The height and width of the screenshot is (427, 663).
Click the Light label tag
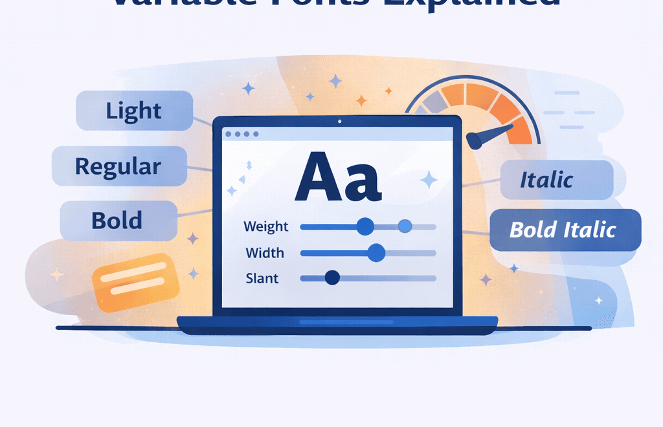(134, 111)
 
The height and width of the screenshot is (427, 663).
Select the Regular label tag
(118, 166)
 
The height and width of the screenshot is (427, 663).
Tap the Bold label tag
(118, 221)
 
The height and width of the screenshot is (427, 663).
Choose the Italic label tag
(556, 180)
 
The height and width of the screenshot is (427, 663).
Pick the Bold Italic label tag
(565, 230)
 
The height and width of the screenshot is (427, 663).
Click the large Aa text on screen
(336, 176)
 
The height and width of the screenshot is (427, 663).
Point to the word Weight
(265, 226)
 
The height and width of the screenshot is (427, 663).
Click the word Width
(265, 252)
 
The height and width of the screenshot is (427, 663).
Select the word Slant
(262, 278)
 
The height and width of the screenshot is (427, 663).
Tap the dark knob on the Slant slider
(332, 278)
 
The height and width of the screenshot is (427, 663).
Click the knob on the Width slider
(376, 253)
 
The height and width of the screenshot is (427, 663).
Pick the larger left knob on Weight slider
(365, 226)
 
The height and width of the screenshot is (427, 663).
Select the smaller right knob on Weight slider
(405, 226)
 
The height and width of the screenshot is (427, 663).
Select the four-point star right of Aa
(428, 179)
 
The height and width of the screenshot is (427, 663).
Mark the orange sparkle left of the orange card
(57, 275)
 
